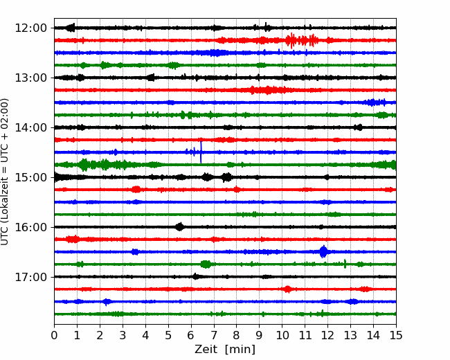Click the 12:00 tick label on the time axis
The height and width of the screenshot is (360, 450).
(30, 28)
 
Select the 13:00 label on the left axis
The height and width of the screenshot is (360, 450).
(30, 78)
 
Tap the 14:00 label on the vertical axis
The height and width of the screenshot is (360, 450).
(30, 127)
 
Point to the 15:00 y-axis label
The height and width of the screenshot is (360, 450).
(30, 177)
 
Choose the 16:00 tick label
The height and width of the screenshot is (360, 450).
(30, 227)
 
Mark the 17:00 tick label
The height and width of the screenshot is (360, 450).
(30, 277)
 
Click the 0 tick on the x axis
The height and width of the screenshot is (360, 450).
(54, 335)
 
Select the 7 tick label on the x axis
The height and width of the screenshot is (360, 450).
(214, 335)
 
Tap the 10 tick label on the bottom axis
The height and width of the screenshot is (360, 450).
(282, 335)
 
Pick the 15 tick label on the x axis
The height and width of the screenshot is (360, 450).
(396, 335)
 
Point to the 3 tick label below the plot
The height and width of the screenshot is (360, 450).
(123, 335)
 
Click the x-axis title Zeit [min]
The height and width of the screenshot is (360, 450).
(225, 350)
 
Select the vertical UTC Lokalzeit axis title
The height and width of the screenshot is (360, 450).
(5, 172)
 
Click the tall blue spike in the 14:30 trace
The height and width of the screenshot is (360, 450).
(201, 152)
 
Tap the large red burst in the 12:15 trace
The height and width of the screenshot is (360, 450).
(302, 40)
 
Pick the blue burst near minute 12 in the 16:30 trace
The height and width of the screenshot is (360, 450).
(323, 252)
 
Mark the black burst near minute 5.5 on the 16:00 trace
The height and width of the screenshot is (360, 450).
(180, 227)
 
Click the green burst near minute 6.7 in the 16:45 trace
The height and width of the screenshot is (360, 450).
(206, 264)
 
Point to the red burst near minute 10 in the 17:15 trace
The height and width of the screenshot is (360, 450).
(287, 289)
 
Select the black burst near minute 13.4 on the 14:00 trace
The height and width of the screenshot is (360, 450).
(358, 127)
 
